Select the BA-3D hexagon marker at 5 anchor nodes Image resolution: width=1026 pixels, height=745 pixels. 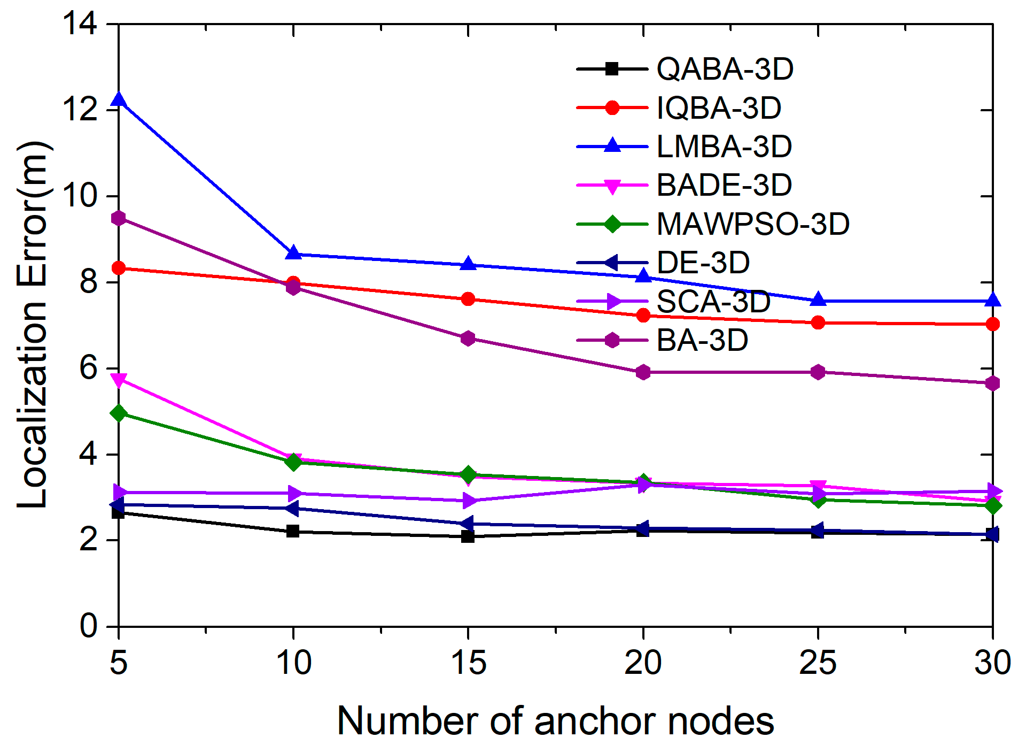pyautogui.click(x=119, y=218)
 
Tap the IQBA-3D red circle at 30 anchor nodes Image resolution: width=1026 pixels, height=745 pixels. pyautogui.click(x=992, y=324)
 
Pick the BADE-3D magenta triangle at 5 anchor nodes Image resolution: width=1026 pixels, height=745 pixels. pyautogui.click(x=119, y=380)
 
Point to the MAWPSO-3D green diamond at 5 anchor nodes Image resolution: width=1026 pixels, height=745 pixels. pyautogui.click(x=119, y=413)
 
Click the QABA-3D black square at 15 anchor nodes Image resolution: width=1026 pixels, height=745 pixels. pyautogui.click(x=468, y=536)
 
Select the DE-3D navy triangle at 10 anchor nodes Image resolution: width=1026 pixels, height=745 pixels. pyautogui.click(x=292, y=508)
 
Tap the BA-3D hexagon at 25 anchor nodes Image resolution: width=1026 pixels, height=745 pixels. pyautogui.click(x=818, y=372)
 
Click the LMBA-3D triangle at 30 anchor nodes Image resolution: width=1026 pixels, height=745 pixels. pyautogui.click(x=992, y=301)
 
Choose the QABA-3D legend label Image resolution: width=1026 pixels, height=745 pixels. pyautogui.click(x=725, y=69)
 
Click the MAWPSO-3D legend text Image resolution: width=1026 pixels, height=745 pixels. pyautogui.click(x=752, y=224)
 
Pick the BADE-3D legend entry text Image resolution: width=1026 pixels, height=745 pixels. pyautogui.click(x=724, y=185)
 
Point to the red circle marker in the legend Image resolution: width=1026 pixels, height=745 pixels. pyautogui.click(x=612, y=107)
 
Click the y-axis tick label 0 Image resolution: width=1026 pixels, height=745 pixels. pyautogui.click(x=88, y=626)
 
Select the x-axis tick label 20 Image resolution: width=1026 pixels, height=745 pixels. pyautogui.click(x=643, y=663)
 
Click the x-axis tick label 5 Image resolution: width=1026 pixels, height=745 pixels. pyautogui.click(x=119, y=663)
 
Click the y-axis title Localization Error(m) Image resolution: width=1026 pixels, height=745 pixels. pyautogui.click(x=33, y=324)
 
